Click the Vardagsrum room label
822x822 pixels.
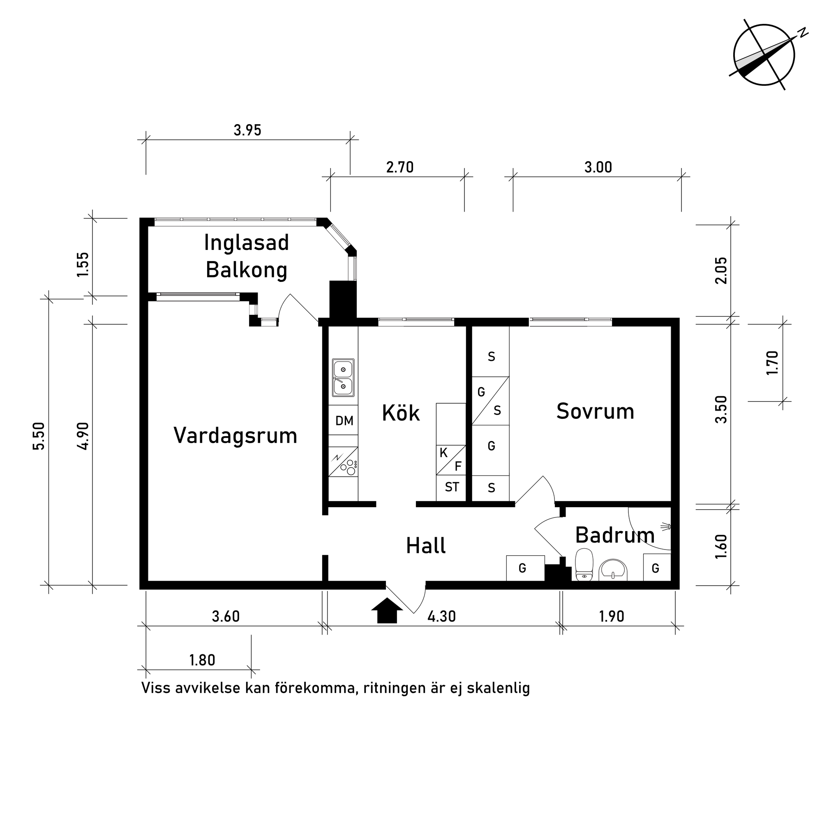[x=235, y=436]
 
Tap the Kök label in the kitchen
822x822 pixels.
[x=401, y=413]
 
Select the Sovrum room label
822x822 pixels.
[x=595, y=411]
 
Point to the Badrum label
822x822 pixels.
[x=614, y=535]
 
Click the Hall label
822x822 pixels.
[x=426, y=546]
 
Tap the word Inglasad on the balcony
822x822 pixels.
[x=246, y=243]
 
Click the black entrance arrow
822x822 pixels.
[x=387, y=611]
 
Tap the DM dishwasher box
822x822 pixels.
[x=344, y=421]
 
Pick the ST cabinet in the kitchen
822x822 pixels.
[x=451, y=487]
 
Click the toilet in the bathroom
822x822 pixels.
[x=584, y=564]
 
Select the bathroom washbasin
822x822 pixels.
[x=613, y=570]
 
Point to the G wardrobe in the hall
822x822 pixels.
[x=523, y=568]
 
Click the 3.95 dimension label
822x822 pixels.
[x=247, y=130]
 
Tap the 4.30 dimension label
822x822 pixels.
[x=441, y=616]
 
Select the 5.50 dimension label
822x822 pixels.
[x=39, y=436]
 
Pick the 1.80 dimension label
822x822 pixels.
[x=202, y=660]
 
